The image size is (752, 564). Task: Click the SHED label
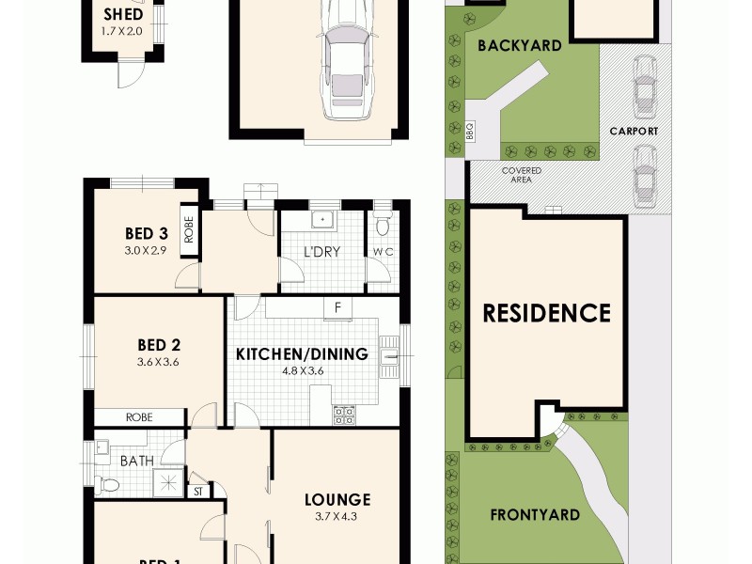click(x=122, y=15)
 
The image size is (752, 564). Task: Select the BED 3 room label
click(x=146, y=234)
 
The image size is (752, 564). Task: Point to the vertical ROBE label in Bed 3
click(x=189, y=230)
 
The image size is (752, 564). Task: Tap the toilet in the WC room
click(x=381, y=227)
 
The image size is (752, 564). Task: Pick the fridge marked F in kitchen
click(x=337, y=307)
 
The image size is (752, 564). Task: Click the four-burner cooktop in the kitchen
click(x=343, y=414)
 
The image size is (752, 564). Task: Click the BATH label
click(x=136, y=462)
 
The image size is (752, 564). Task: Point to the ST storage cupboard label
click(x=197, y=491)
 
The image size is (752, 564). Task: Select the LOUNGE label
click(x=336, y=500)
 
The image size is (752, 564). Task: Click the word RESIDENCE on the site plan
click(x=547, y=313)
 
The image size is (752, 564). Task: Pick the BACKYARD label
click(x=519, y=45)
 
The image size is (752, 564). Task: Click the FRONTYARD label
click(x=534, y=515)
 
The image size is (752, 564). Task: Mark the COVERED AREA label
click(x=521, y=176)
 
